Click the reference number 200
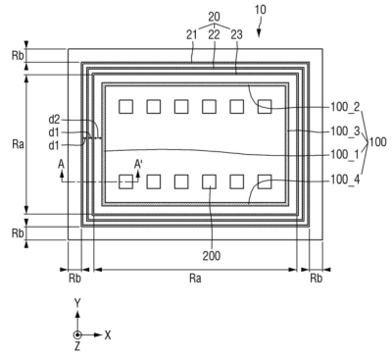(x=212, y=255)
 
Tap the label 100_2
(x=345, y=107)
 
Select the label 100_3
(x=345, y=131)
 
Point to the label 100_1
(x=345, y=154)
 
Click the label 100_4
(x=345, y=180)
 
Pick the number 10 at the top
(x=260, y=10)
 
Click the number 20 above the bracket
(x=214, y=17)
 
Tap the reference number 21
(x=192, y=34)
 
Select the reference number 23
(x=237, y=34)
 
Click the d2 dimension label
(x=55, y=120)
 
